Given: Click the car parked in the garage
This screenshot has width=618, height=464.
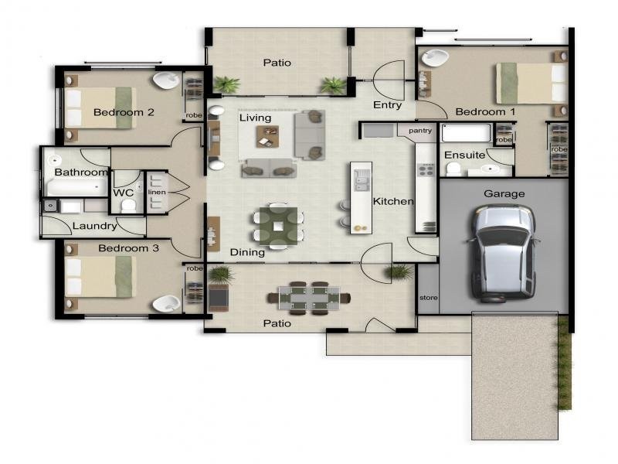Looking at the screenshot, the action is tap(504, 254).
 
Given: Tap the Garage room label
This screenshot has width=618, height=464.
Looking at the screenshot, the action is tap(504, 194).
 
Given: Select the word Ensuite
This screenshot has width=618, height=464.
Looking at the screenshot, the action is tap(464, 155).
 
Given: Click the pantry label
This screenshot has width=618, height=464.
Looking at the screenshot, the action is tap(420, 131).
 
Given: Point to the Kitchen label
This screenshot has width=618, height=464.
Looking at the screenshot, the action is tap(393, 201).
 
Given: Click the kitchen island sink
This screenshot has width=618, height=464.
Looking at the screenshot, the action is tap(362, 180).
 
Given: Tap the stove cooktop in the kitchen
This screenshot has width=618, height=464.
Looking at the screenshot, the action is tap(426, 170).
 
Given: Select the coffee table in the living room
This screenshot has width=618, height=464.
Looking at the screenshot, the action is tap(267, 137).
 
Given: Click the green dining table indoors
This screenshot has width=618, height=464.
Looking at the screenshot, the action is tap(278, 227).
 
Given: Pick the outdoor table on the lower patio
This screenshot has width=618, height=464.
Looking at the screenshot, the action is tap(309, 298).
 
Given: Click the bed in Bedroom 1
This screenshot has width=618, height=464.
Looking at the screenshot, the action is tap(531, 84).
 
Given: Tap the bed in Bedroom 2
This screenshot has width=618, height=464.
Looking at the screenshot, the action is tap(100, 107).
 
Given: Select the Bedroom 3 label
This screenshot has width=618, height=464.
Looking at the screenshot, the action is tap(128, 248).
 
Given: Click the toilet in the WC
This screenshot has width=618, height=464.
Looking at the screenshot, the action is tap(128, 206).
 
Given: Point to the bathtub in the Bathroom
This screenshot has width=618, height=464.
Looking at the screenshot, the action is tap(77, 187).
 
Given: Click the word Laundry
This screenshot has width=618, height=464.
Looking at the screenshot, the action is tap(95, 226).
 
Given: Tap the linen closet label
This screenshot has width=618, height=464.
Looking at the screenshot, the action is tap(157, 192).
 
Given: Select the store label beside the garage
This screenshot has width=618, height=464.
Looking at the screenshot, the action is tap(429, 298).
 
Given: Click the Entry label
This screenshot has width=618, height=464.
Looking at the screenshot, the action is tap(388, 105).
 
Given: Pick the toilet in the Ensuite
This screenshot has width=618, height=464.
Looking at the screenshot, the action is tap(453, 169).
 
